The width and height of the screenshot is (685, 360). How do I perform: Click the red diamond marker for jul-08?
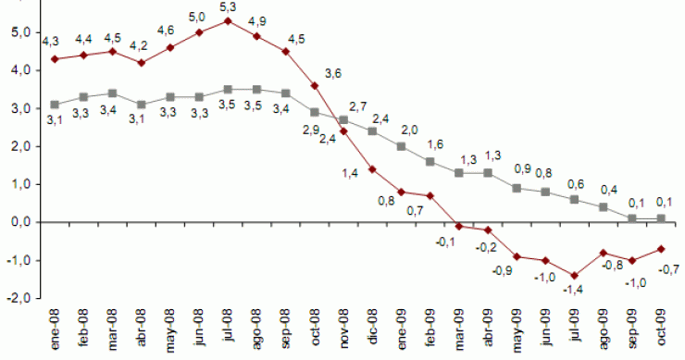pyautogui.click(x=228, y=20)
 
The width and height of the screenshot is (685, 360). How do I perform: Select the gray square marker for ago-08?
pyautogui.click(x=256, y=90)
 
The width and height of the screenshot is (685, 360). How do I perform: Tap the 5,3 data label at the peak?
pyautogui.click(x=227, y=7)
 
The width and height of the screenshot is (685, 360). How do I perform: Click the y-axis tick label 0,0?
pyautogui.click(x=19, y=223)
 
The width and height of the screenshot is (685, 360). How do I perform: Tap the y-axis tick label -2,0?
pyautogui.click(x=18, y=299)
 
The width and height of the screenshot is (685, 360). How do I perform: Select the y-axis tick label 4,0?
pyautogui.click(x=19, y=70)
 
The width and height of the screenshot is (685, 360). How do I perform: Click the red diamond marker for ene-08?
pyautogui.click(x=55, y=59)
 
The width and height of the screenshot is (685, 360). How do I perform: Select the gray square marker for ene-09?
pyautogui.click(x=401, y=146)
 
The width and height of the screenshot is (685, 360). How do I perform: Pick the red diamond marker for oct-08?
pyautogui.click(x=315, y=85)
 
